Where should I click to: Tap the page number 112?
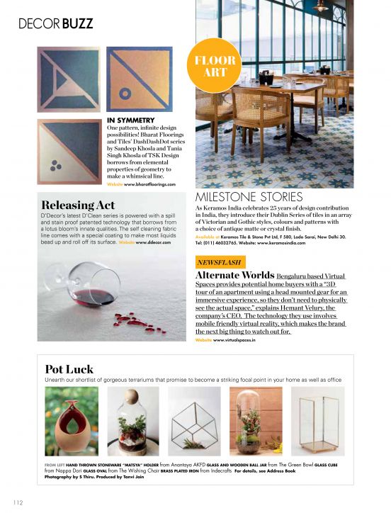click(17, 502)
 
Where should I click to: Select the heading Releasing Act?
click(78, 205)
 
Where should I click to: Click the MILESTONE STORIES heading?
click(249, 196)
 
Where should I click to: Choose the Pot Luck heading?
click(69, 368)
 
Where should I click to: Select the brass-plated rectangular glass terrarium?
click(317, 422)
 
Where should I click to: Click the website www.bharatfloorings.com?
click(149, 184)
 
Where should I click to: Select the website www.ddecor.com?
click(154, 242)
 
